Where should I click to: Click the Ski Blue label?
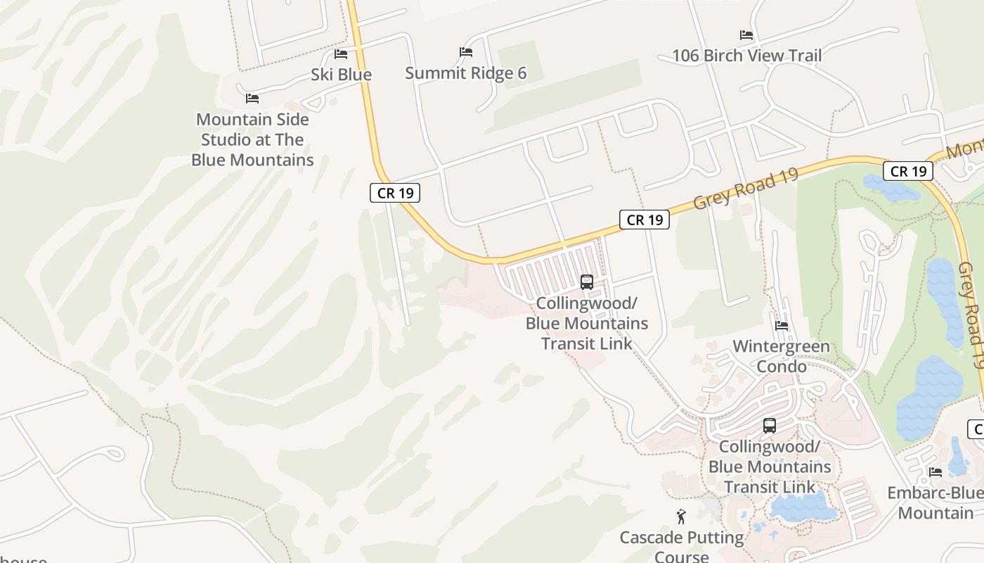(341, 75)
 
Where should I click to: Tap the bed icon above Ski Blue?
(341, 53)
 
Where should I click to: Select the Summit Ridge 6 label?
(465, 73)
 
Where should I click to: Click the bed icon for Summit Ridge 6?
(465, 51)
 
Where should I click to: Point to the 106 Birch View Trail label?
(746, 56)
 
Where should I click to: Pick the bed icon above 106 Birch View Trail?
(746, 34)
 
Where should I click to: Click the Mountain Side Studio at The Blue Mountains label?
(252, 139)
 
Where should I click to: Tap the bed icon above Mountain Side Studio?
(252, 98)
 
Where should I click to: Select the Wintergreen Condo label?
(781, 356)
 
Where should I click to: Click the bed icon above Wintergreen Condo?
(781, 325)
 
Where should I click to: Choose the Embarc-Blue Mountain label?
(936, 502)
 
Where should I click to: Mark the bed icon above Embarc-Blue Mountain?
(935, 472)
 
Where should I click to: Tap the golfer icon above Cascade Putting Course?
(680, 517)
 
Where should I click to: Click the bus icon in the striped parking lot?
(587, 282)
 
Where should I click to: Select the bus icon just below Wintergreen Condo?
(770, 426)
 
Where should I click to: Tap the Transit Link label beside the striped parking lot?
(587, 323)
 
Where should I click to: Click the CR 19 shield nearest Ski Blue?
(395, 193)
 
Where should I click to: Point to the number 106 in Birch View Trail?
(687, 56)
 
